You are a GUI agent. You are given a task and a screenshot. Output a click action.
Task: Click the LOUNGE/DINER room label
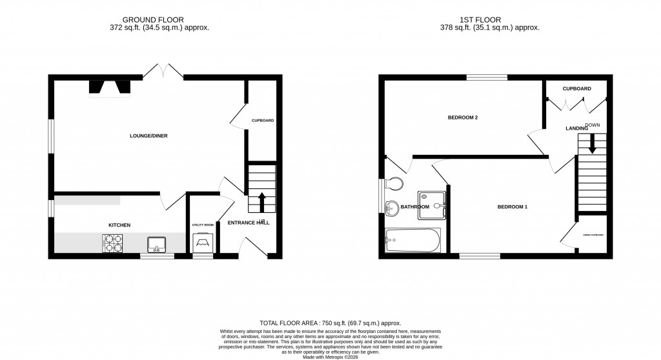click(145, 136)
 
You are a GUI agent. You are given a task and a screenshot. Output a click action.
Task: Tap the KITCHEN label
click(119, 225)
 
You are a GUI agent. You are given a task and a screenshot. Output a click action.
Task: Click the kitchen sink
click(157, 244)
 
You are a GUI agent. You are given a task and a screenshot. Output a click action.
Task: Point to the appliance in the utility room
click(202, 242)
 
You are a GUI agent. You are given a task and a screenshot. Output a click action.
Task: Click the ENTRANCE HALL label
click(249, 223)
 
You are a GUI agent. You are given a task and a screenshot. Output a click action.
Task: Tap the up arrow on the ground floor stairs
click(261, 201)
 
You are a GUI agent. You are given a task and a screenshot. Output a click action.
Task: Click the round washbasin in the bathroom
click(391, 208)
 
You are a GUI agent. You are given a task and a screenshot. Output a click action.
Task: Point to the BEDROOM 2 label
click(463, 118)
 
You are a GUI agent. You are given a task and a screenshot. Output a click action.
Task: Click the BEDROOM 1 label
click(513, 207)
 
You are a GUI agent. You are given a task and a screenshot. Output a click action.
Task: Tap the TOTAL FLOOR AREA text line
click(330, 323)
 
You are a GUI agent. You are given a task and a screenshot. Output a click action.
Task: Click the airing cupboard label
click(593, 235)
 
